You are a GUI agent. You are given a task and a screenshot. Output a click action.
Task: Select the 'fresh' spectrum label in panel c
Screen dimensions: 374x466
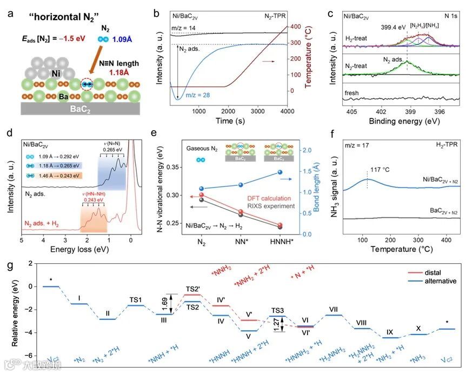[352, 93]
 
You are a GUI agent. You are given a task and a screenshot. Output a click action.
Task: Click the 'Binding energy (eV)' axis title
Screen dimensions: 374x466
[402, 124]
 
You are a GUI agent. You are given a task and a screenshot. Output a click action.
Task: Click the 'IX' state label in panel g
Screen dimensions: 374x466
[390, 332]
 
